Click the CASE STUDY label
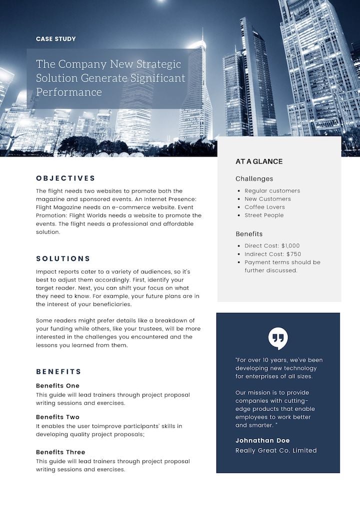[x=56, y=38]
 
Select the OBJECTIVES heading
[x=65, y=178]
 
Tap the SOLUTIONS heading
[x=63, y=258]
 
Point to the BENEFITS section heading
[x=58, y=371]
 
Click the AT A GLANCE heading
[x=259, y=161]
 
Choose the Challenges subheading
[x=254, y=178]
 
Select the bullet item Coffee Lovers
[x=264, y=207]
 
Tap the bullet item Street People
[x=264, y=215]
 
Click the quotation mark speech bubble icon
[x=278, y=338]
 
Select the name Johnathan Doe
[x=262, y=440]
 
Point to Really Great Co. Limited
[x=276, y=450]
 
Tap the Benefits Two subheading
[x=57, y=417]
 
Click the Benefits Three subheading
[x=60, y=452]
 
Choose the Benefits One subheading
[x=57, y=385]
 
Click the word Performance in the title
[x=69, y=92]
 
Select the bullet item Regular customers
[x=272, y=190]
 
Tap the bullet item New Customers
[x=267, y=199]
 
